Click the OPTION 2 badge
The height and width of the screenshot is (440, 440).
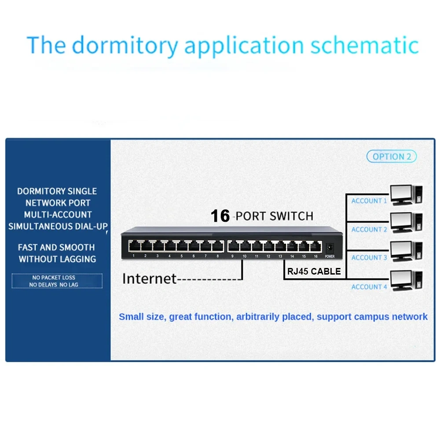click(x=392, y=157)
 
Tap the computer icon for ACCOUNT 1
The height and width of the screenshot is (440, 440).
click(x=406, y=195)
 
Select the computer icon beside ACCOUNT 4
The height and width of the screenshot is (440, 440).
click(x=406, y=280)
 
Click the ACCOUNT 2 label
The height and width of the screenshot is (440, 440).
click(x=369, y=230)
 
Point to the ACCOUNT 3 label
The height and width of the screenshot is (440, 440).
click(x=369, y=257)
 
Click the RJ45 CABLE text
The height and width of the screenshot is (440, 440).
click(x=314, y=271)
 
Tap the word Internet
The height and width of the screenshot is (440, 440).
click(x=149, y=279)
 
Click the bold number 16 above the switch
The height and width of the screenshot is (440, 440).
click(x=220, y=216)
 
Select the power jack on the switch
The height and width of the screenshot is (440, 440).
click(x=330, y=248)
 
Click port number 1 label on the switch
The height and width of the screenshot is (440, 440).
click(x=134, y=256)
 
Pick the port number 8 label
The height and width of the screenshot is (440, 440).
click(x=217, y=256)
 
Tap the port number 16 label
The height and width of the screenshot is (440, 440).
click(x=315, y=256)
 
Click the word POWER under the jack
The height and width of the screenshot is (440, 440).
click(x=330, y=257)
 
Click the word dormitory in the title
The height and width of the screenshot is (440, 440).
click(x=125, y=45)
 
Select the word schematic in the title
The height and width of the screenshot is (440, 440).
click(x=364, y=45)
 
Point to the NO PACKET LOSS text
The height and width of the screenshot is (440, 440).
click(x=54, y=278)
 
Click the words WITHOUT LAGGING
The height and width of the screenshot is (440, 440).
click(x=57, y=259)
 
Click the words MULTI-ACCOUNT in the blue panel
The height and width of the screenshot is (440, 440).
click(x=58, y=215)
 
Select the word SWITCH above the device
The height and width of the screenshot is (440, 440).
click(x=292, y=216)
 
